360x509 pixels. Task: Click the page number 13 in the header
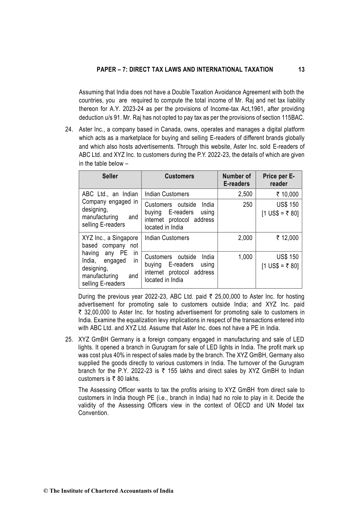tap(301, 70)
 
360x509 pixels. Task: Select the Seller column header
tap(110, 176)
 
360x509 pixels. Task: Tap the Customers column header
tap(179, 176)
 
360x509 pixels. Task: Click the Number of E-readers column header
tap(236, 180)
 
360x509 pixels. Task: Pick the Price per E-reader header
tap(279, 180)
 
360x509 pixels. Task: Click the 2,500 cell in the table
tap(245, 194)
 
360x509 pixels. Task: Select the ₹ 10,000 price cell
tap(287, 194)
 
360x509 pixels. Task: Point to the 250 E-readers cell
tap(248, 205)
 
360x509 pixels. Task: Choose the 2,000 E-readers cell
tap(245, 238)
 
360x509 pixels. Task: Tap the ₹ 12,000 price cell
tap(287, 238)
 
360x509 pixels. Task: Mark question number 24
tap(69, 130)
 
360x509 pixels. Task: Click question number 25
tap(69, 340)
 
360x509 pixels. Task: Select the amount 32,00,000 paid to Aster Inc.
tap(97, 313)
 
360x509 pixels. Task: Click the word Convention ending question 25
tap(93, 413)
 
